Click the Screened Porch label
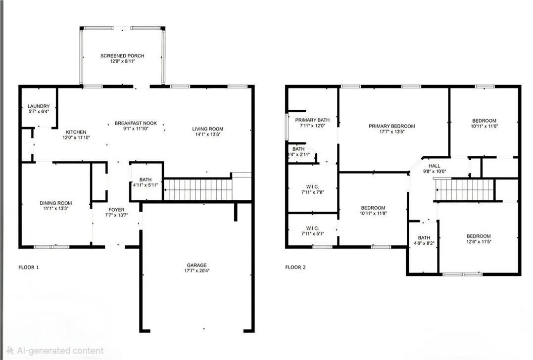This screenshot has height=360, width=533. (x=122, y=56)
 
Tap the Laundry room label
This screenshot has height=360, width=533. (x=39, y=106)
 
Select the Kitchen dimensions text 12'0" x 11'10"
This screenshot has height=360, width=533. (x=76, y=137)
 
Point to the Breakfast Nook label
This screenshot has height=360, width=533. (x=136, y=123)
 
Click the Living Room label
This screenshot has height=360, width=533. (x=208, y=129)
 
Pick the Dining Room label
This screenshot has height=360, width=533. (x=56, y=203)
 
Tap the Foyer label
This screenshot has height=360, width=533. (x=117, y=210)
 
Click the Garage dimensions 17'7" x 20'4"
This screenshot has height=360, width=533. (x=197, y=270)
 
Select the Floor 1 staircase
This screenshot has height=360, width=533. (x=198, y=189)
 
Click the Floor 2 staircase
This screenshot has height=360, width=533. (x=464, y=190)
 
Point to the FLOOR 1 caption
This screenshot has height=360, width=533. (x=29, y=268)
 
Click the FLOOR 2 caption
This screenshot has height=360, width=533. (x=295, y=268)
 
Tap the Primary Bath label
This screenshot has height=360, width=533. (x=312, y=120)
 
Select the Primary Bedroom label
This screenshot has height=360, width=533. (x=392, y=126)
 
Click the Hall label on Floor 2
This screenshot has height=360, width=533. (x=435, y=166)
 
